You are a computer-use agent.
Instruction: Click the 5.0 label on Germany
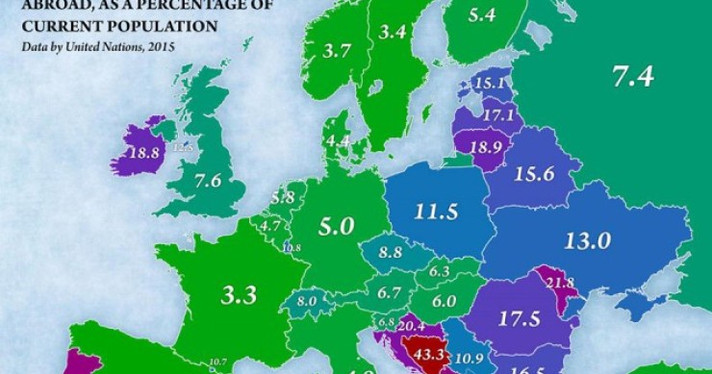click(338, 226)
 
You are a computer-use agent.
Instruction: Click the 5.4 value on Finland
click(481, 15)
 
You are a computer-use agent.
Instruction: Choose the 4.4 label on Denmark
click(338, 140)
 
